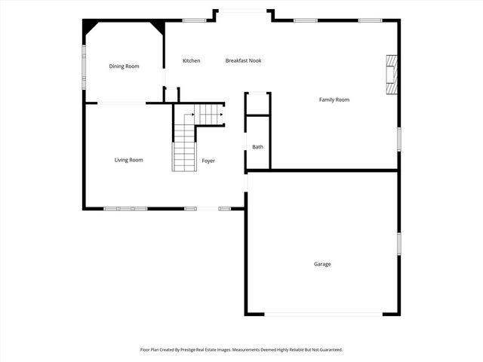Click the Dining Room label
[x=124, y=66]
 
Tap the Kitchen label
[x=191, y=60]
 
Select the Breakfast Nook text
[x=243, y=60]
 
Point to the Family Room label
[x=334, y=100]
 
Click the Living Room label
[x=128, y=160]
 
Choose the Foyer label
[x=208, y=161]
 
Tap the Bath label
[x=257, y=147]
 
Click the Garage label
[x=322, y=264]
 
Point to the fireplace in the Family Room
[x=391, y=75]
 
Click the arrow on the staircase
[x=220, y=115]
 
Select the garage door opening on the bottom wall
[x=323, y=314]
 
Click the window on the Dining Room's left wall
[x=84, y=68]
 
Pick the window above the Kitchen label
[x=195, y=20]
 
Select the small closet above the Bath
[x=257, y=103]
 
